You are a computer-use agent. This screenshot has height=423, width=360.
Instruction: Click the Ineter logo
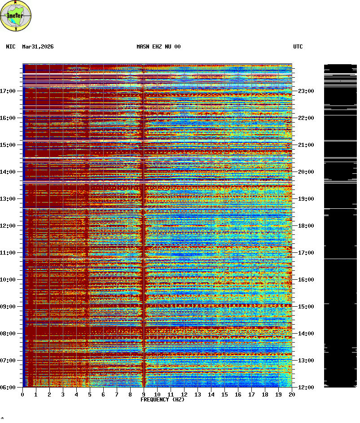(16, 16)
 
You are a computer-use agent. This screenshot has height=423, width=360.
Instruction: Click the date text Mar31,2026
(38, 47)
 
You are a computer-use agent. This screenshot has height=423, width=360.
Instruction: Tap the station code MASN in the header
(143, 47)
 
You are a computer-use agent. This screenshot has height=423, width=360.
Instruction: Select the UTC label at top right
(298, 47)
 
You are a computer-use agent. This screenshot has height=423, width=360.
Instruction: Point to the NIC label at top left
(11, 47)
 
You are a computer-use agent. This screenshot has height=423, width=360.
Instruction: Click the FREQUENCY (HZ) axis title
(162, 400)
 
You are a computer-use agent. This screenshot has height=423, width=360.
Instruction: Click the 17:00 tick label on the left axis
(8, 91)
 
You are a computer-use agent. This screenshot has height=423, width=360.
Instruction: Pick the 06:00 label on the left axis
(8, 387)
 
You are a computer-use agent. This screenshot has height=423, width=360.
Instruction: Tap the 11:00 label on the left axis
(8, 253)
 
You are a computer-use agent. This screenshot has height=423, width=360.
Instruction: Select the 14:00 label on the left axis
(8, 172)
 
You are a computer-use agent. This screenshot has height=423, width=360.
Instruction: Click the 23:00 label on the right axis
(306, 91)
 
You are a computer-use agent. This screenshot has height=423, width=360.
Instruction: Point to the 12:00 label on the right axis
(306, 387)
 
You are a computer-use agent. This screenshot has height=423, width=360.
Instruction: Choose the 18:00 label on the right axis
(306, 226)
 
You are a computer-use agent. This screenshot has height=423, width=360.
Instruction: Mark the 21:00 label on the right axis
(306, 145)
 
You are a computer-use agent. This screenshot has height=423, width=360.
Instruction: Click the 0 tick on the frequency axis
(22, 394)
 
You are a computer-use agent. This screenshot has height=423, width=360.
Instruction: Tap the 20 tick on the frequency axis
(292, 394)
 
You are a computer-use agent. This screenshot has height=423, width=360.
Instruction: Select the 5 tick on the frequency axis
(90, 394)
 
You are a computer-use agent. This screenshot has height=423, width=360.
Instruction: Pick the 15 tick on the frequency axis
(224, 394)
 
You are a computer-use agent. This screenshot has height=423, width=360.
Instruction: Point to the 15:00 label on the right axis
(306, 307)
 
